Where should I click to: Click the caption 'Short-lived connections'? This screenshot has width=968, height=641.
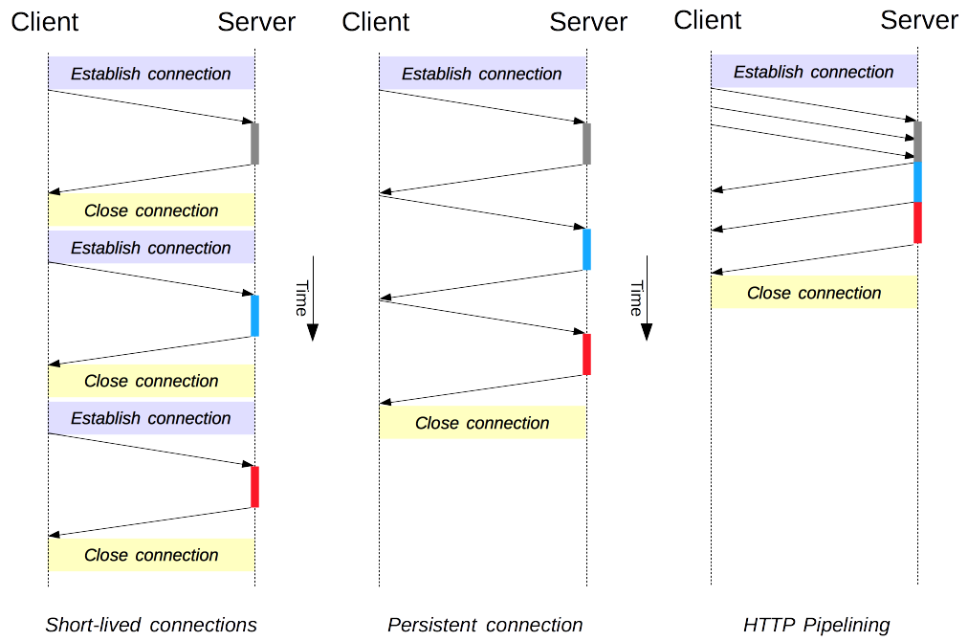pyautogui.click(x=151, y=625)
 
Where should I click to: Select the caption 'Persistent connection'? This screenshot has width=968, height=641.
pyautogui.click(x=485, y=625)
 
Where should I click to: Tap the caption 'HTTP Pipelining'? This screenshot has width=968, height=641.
pyautogui.click(x=816, y=625)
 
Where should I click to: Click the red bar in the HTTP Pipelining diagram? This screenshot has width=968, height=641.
pyautogui.click(x=917, y=223)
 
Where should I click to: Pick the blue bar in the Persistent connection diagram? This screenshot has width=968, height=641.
pyautogui.click(x=586, y=249)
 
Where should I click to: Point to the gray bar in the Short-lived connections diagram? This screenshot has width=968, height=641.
pyautogui.click(x=254, y=144)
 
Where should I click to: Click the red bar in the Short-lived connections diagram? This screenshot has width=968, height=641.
pyautogui.click(x=254, y=486)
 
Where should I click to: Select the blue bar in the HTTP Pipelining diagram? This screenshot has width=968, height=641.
pyautogui.click(x=917, y=182)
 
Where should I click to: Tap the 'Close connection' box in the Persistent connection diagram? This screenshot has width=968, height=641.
pyautogui.click(x=482, y=423)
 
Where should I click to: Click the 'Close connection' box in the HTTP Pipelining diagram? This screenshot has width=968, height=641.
pyautogui.click(x=814, y=293)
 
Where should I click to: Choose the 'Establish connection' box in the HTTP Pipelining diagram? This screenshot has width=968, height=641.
pyautogui.click(x=814, y=72)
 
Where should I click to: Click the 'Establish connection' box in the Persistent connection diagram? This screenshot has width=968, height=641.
pyautogui.click(x=482, y=74)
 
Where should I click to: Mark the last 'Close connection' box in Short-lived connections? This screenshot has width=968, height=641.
pyautogui.click(x=151, y=555)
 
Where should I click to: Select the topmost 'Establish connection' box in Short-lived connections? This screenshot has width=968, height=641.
pyautogui.click(x=151, y=74)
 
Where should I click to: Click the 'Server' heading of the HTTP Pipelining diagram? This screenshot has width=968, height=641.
pyautogui.click(x=919, y=20)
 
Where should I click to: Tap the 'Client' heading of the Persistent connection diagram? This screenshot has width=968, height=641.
pyautogui.click(x=376, y=22)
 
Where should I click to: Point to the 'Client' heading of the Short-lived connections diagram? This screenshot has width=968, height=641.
pyautogui.click(x=45, y=22)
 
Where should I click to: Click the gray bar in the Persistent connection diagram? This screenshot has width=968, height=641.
pyautogui.click(x=586, y=144)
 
